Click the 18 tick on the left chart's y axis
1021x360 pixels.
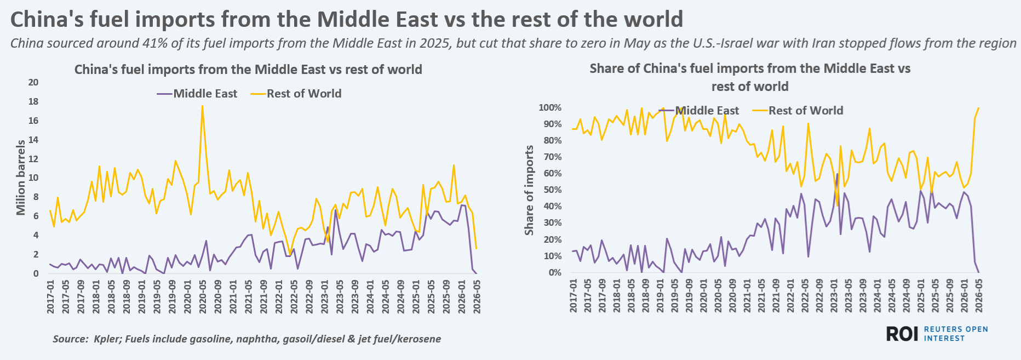33,101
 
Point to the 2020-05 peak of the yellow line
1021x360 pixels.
202,106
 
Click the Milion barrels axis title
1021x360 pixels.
21,178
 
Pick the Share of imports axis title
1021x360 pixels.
529,190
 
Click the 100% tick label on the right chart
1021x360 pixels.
550,107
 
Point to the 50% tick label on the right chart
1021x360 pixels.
552,190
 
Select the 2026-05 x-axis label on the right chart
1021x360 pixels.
979,295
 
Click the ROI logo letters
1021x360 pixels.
902,334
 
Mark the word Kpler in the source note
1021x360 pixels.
108,339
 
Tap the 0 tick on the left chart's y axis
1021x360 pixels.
36,273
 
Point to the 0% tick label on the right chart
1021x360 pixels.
554,272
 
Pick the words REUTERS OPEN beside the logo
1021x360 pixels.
956,329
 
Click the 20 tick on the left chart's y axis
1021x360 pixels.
33,82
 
